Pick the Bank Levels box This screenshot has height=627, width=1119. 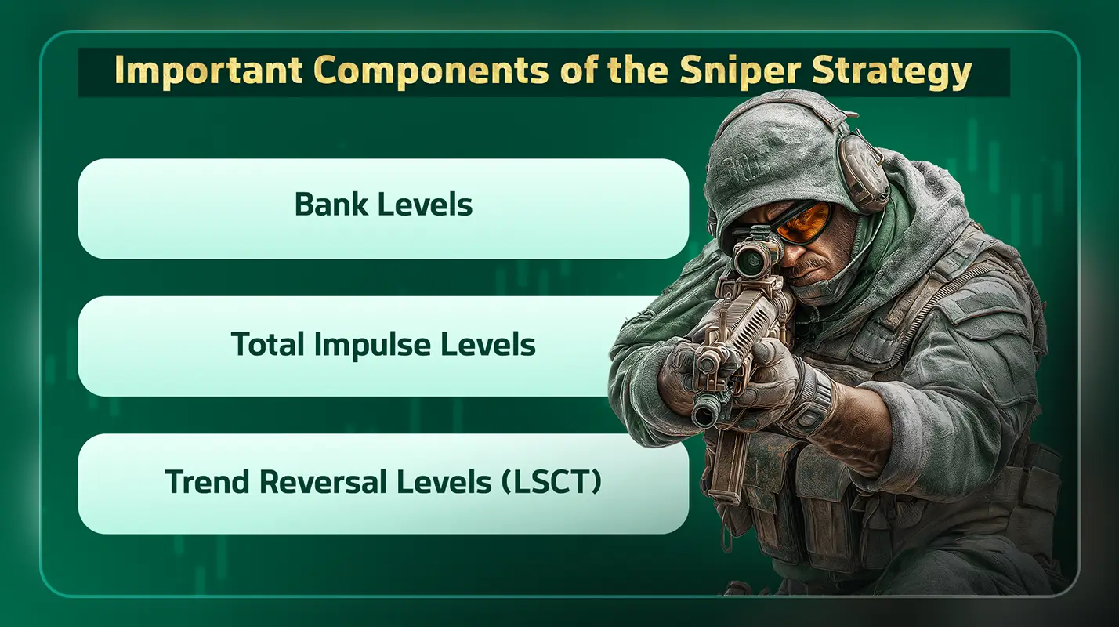(383, 208)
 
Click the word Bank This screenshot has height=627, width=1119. (330, 205)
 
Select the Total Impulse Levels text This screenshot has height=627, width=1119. (383, 345)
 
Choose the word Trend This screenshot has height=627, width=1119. (207, 483)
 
